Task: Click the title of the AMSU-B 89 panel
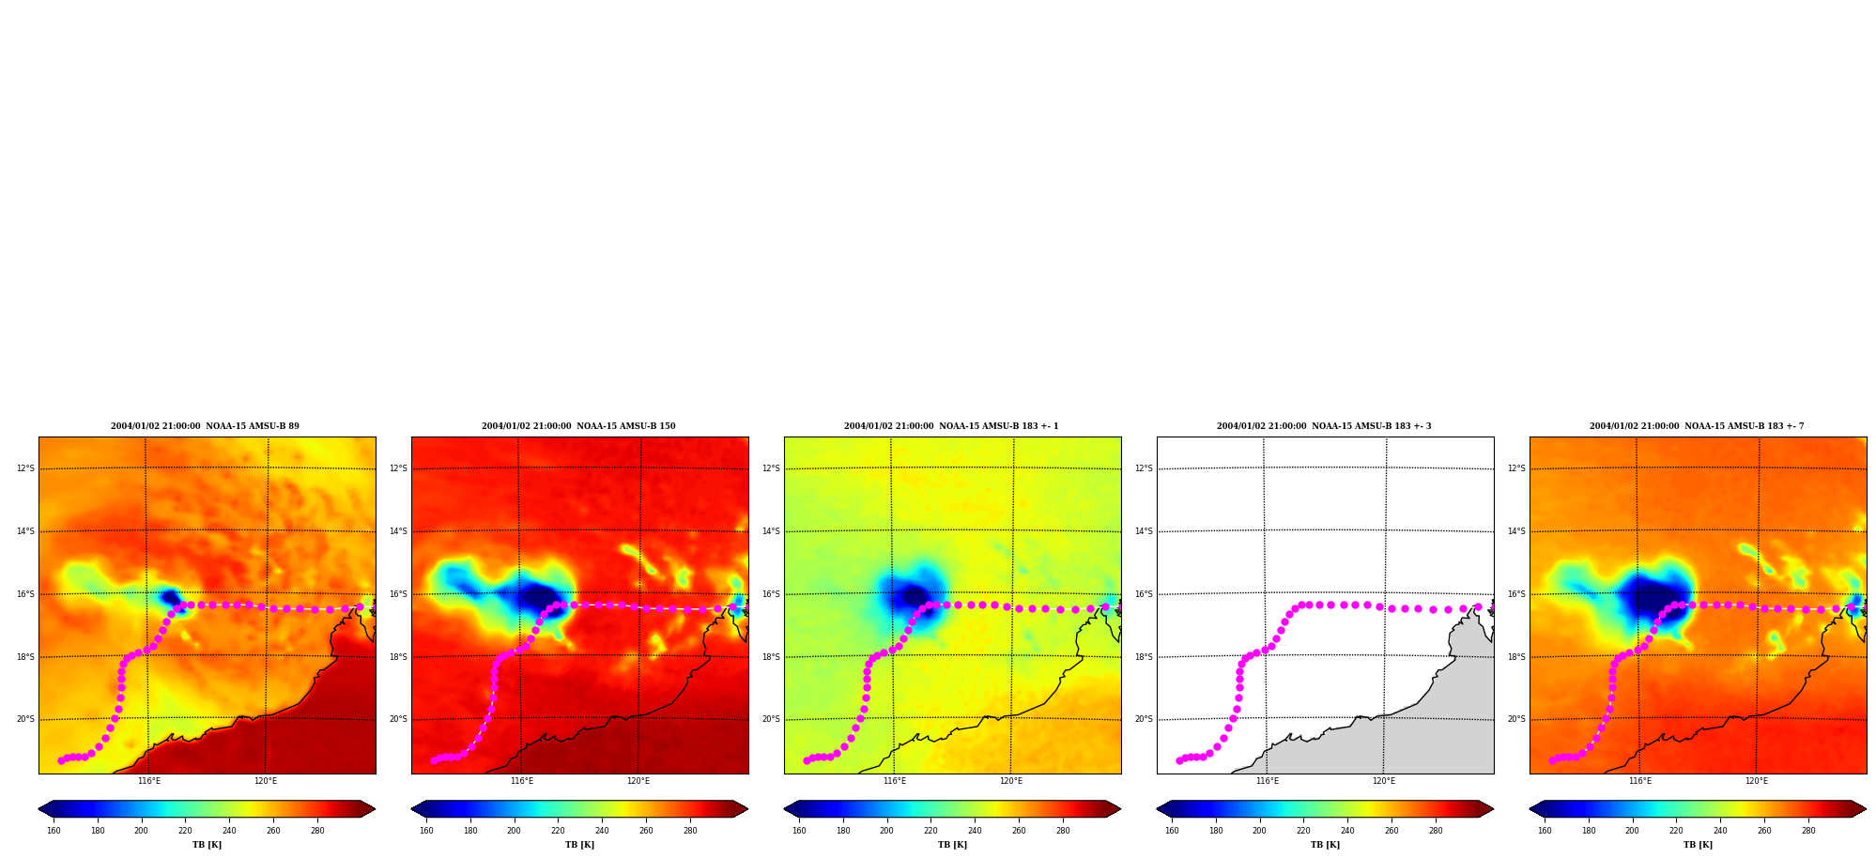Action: [x=205, y=426]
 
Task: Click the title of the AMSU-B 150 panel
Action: [x=578, y=426]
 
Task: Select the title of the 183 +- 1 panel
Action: [x=951, y=426]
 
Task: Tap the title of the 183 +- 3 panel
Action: [x=1324, y=426]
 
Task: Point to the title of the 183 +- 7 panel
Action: [x=1697, y=426]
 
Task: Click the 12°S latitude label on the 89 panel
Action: [x=25, y=468]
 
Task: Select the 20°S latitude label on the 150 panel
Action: [x=398, y=719]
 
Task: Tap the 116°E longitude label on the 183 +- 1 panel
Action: [x=895, y=781]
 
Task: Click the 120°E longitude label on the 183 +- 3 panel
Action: [x=1384, y=781]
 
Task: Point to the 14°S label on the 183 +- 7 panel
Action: [x=1516, y=531]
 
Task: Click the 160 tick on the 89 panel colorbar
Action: [x=54, y=831]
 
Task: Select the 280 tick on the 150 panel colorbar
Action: [x=690, y=831]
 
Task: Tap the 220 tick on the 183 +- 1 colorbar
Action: [x=930, y=831]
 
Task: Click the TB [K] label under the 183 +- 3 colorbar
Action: [x=1325, y=845]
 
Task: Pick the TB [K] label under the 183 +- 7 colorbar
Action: [x=1698, y=845]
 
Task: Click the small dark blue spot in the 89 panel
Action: [x=170, y=596]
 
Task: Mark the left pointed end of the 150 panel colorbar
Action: [x=412, y=809]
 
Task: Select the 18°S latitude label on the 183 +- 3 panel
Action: [x=1144, y=657]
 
